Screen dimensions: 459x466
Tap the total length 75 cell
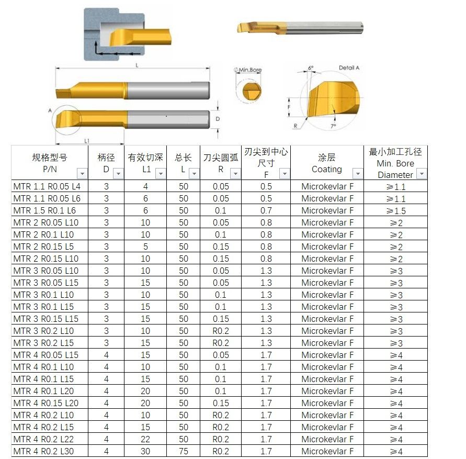pos(184,451)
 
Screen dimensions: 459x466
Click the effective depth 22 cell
pos(145,439)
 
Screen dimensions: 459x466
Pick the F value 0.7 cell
pos(266,210)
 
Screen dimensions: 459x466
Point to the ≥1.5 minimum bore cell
pos(395,210)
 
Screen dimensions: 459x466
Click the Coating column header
pos(326,163)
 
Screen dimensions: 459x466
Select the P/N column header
pos(50,163)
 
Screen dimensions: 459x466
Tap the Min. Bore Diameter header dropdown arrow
pos(421,174)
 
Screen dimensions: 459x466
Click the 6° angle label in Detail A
pos(311,69)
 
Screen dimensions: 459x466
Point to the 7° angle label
pos(333,126)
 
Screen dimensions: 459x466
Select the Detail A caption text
pos(349,68)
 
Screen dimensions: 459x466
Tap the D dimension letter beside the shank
pos(218,119)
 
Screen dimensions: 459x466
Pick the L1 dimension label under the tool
pos(87,141)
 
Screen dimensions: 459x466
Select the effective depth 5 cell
pos(145,247)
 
